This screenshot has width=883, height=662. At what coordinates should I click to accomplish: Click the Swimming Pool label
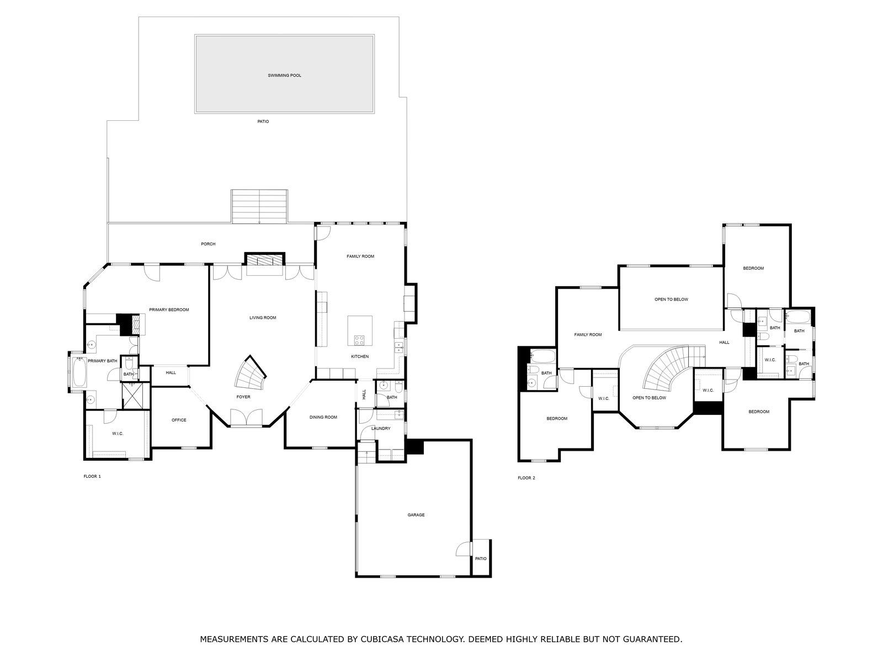(284, 76)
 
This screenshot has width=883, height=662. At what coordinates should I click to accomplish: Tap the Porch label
(208, 244)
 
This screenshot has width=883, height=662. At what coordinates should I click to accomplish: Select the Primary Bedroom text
(169, 310)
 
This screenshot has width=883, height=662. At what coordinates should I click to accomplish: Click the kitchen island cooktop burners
(359, 340)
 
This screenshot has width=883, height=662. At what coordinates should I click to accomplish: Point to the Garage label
(416, 515)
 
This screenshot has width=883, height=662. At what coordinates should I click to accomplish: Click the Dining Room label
(323, 417)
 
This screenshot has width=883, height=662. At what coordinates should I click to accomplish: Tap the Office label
(179, 420)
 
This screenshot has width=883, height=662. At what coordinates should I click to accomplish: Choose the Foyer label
(243, 397)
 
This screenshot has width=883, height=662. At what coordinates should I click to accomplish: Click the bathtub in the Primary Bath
(79, 372)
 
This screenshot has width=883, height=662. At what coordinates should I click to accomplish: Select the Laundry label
(381, 429)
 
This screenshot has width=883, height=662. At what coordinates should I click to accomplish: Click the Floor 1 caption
(92, 476)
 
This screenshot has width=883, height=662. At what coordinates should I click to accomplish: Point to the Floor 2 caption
(526, 478)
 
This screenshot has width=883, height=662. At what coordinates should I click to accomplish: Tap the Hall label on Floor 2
(724, 343)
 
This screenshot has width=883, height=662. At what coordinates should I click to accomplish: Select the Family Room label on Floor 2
(588, 334)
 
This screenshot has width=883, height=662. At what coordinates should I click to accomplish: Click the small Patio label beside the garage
(480, 559)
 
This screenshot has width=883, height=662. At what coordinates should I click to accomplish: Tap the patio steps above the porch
(259, 206)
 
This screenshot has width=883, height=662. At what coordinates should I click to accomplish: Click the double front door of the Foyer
(246, 418)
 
